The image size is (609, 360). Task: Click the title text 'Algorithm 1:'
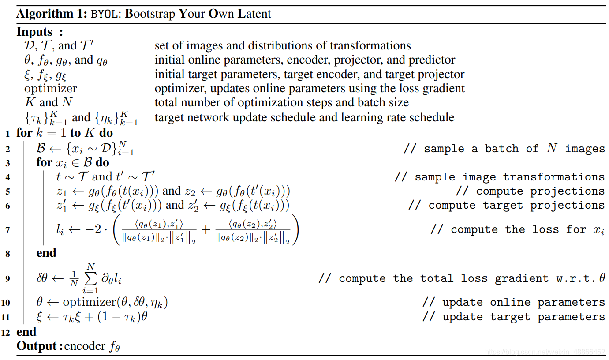[52, 14]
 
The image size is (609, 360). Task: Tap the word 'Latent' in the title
[254, 14]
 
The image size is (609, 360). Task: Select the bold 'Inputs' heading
[34, 32]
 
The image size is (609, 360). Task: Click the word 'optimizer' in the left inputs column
[51, 89]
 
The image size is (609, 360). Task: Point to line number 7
[7, 230]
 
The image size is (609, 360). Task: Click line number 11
[5, 317]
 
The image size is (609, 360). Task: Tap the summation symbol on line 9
[91, 278]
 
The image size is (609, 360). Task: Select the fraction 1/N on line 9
[74, 279]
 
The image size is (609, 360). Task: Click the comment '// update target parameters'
[514, 317]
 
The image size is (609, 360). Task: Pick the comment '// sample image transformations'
[500, 177]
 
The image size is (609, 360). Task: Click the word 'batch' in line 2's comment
[501, 149]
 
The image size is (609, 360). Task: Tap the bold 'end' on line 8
[46, 253]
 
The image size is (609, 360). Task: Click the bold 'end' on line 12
[26, 332]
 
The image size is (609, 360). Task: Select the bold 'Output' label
[37, 346]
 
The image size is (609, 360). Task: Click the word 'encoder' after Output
[85, 346]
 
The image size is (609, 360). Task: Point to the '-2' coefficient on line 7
[93, 229]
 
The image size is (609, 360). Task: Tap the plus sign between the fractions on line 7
[206, 230]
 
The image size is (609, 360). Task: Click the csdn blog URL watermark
[545, 352]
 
